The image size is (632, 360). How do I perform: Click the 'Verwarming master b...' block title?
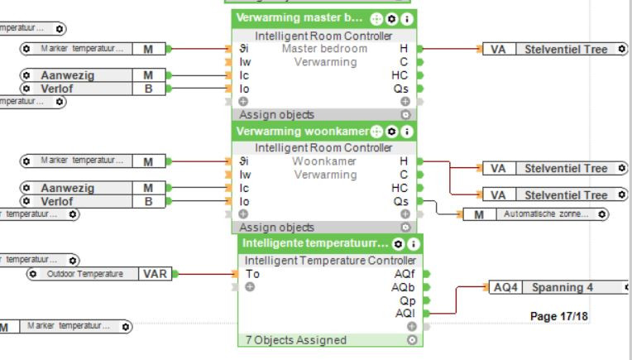299,18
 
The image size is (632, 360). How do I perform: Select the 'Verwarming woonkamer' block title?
302,131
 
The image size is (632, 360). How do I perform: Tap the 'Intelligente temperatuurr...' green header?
314,243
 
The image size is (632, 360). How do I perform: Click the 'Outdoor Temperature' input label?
85,274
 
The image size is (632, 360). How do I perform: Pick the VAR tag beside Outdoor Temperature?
156,274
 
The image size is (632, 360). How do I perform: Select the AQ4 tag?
505,288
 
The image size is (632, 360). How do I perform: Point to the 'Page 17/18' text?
559,316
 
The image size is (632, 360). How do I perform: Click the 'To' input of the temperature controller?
253,274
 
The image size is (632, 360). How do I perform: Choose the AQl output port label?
405,314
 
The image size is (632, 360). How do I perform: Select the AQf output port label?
405,274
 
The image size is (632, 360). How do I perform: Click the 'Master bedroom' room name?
324,49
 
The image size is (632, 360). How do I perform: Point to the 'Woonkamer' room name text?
324,161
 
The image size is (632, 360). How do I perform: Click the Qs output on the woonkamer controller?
401,201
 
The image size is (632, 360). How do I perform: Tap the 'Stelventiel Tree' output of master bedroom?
566,50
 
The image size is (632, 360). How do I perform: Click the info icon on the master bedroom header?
407,18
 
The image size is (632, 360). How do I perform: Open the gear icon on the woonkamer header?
392,131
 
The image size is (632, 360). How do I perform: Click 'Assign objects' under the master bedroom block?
276,115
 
